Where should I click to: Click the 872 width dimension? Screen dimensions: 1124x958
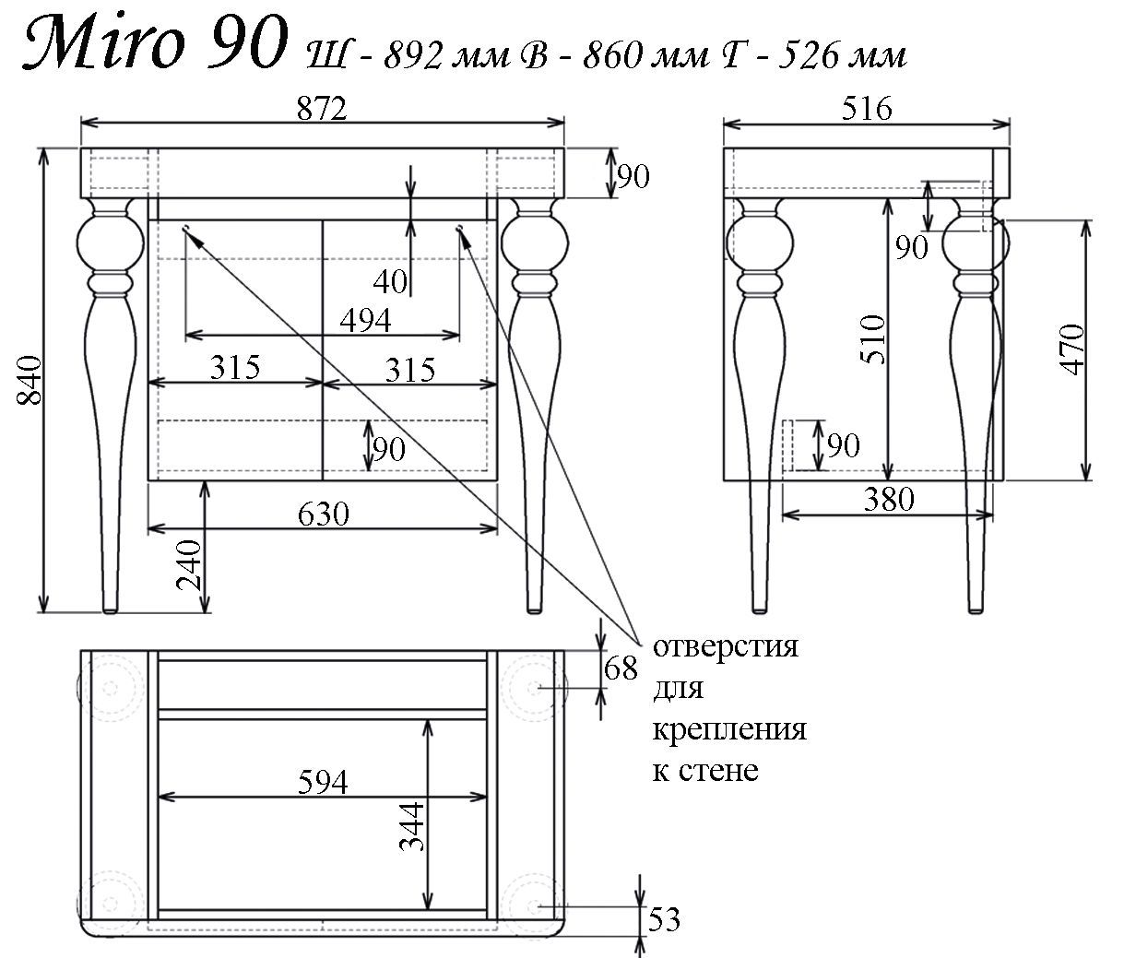point(322,109)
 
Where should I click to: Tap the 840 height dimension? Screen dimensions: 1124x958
point(30,379)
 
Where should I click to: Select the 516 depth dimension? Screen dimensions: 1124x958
point(867,109)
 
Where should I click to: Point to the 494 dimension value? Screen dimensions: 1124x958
point(365,320)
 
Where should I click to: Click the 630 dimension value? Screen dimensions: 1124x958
point(323,513)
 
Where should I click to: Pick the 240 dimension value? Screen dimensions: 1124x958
point(189,565)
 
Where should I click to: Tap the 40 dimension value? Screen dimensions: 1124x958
point(391,281)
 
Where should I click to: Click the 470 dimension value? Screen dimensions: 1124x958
point(1072,349)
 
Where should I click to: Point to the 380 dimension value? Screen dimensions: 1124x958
point(889,499)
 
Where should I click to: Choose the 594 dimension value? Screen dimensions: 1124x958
point(323,782)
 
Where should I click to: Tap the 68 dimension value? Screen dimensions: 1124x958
point(620,668)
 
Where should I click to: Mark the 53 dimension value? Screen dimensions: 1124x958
point(664,919)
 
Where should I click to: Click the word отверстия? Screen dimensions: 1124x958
point(725,646)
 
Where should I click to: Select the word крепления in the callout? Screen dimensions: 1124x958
point(729,728)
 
